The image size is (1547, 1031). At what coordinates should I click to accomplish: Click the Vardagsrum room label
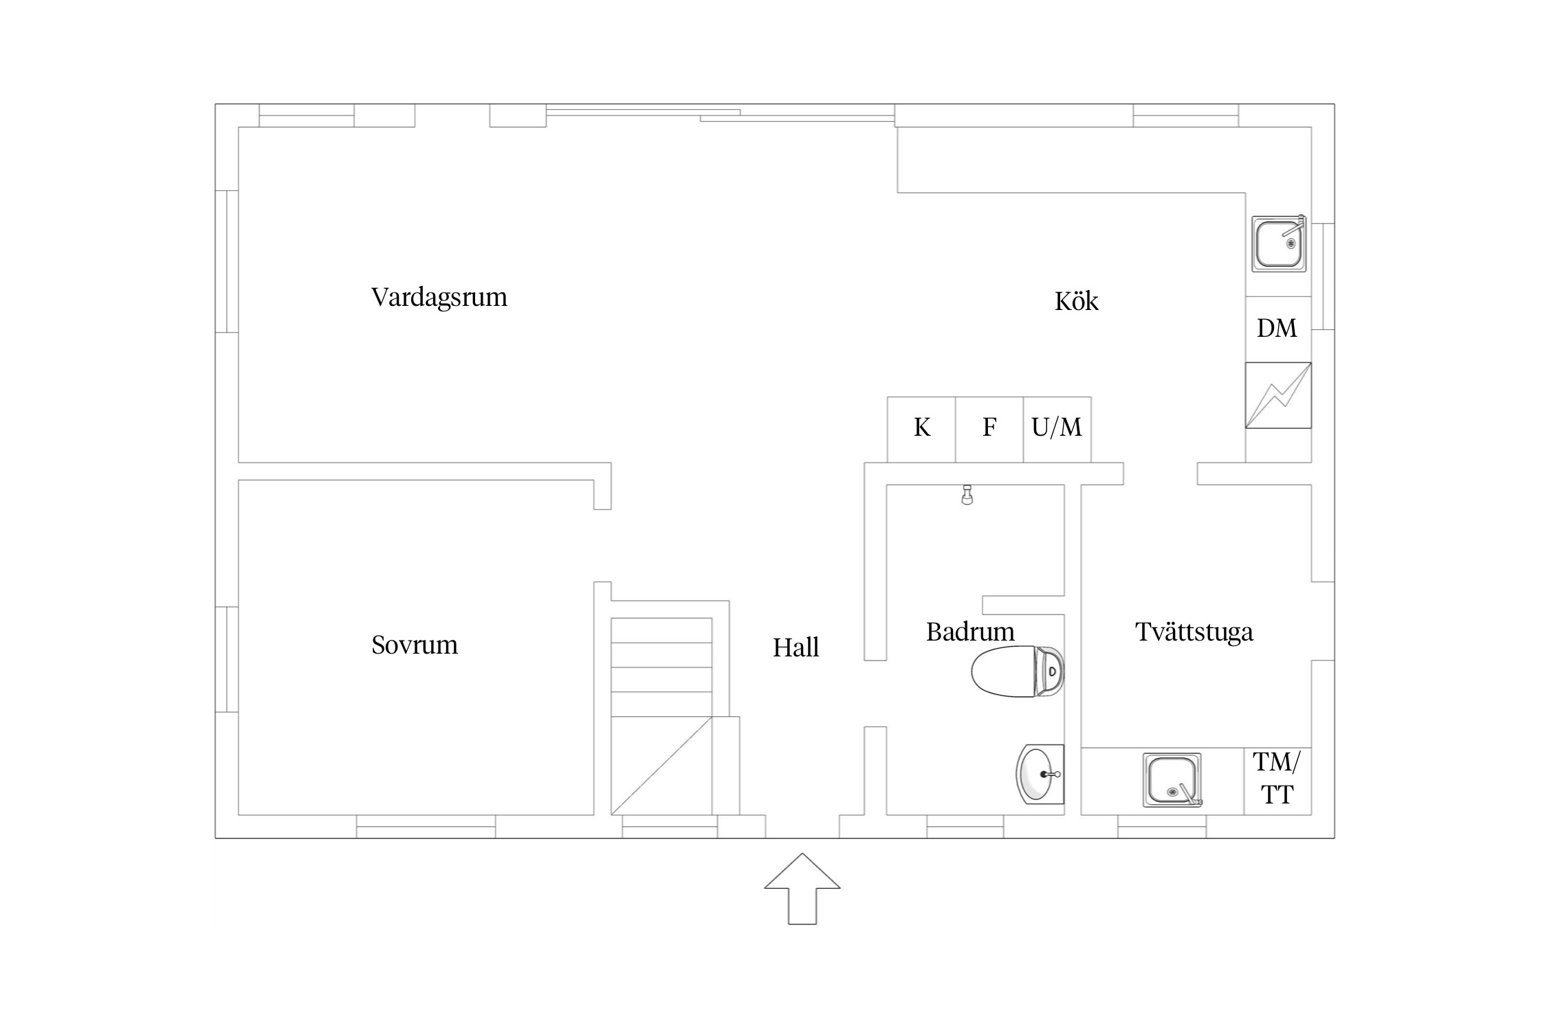(439, 297)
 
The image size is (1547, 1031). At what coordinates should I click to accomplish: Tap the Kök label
(1077, 301)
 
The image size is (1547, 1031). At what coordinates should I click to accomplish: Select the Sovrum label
(415, 645)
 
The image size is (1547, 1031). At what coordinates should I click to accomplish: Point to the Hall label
(796, 647)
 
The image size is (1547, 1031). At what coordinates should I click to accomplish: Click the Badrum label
(970, 632)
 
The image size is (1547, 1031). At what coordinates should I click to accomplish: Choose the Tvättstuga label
(1194, 632)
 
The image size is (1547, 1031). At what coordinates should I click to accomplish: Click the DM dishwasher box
(1278, 329)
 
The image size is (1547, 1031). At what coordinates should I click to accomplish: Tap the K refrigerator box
(921, 430)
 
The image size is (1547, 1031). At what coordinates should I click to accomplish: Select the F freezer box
(989, 430)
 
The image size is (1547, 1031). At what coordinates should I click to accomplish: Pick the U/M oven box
(1057, 430)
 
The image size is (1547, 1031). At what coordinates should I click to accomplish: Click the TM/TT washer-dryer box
(1277, 781)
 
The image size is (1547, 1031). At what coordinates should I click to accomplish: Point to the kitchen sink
(1279, 243)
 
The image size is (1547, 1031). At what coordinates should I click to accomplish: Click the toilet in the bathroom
(1018, 672)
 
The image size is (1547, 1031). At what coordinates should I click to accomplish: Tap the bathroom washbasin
(1040, 774)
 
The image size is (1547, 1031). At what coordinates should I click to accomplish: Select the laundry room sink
(1172, 779)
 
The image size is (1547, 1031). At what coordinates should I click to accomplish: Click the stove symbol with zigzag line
(1278, 395)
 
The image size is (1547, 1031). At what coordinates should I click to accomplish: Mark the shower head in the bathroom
(967, 495)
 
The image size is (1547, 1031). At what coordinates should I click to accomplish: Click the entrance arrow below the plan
(802, 889)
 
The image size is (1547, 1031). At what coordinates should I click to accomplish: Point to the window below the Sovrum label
(426, 826)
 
